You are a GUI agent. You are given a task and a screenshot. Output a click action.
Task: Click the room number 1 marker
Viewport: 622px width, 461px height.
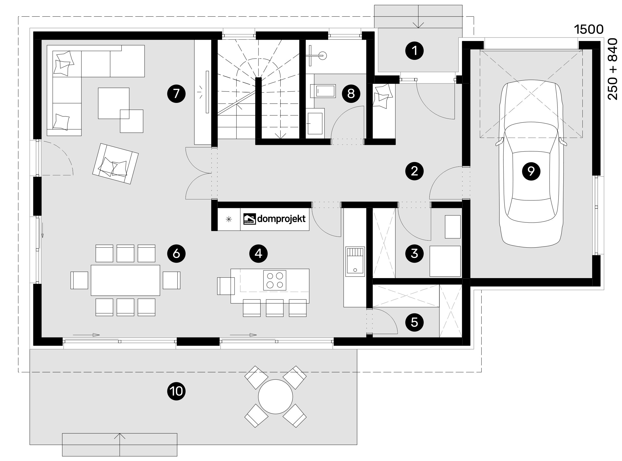click(415, 51)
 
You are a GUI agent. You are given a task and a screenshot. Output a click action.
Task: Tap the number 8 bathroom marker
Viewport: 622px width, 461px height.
click(351, 93)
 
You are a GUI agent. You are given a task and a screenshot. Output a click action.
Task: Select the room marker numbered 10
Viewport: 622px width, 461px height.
click(176, 391)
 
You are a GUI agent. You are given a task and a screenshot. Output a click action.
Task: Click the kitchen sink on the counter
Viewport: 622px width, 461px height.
click(355, 261)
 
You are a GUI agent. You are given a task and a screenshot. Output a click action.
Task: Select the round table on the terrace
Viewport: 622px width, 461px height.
click(275, 397)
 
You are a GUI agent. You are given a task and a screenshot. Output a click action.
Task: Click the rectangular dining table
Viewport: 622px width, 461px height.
click(125, 280)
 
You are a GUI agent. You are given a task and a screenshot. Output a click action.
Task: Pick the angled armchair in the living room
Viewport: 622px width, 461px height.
click(115, 164)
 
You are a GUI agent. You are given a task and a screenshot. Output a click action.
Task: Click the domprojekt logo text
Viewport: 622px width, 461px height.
click(281, 219)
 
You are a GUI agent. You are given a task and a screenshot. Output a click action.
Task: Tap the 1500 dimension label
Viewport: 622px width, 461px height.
click(588, 30)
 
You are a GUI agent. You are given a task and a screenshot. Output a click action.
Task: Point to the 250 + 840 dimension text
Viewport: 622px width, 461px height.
click(613, 69)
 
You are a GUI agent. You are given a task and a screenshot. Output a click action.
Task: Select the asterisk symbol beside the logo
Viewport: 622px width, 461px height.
click(229, 219)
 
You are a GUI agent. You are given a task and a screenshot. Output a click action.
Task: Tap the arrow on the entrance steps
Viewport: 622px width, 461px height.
click(418, 25)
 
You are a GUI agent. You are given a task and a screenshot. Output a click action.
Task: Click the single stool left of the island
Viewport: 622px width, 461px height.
click(226, 286)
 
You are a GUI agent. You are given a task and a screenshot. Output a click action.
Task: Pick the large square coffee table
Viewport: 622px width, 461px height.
click(114, 103)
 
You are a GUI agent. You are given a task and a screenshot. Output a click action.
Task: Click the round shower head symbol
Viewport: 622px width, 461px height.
click(323, 55)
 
